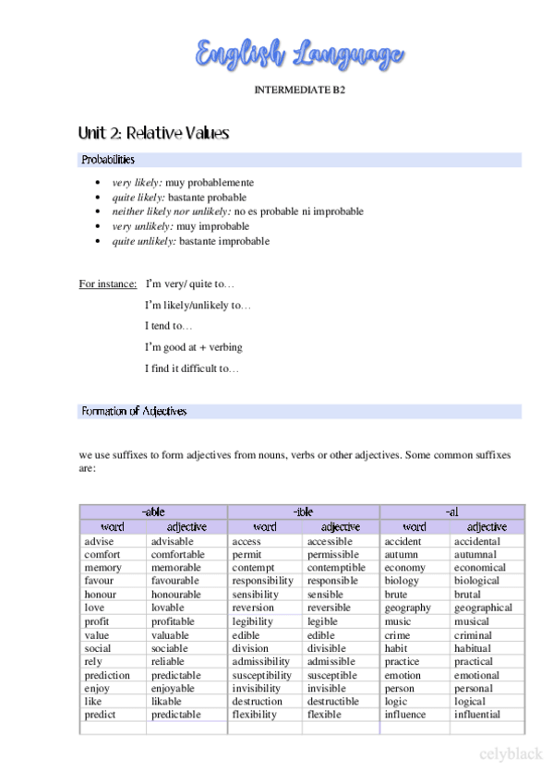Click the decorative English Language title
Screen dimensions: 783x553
tap(300, 54)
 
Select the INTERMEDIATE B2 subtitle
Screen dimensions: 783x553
tap(300, 90)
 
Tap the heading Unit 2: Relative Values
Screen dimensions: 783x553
tap(154, 134)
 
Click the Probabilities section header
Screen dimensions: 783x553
tap(108, 161)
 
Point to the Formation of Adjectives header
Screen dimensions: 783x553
tap(134, 412)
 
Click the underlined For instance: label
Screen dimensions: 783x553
tap(108, 283)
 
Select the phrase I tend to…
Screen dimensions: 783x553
tap(169, 326)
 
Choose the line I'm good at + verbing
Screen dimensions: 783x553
tap(194, 347)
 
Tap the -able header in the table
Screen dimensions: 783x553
tap(153, 512)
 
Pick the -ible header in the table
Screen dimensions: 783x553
tap(303, 512)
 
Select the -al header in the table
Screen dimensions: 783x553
tap(451, 512)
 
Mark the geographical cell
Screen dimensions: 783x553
tap(483, 608)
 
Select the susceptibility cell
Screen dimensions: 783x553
tap(262, 675)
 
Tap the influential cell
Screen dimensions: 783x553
tap(476, 715)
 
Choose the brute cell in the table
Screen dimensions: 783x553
tap(396, 595)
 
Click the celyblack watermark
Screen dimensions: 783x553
tap(511, 754)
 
